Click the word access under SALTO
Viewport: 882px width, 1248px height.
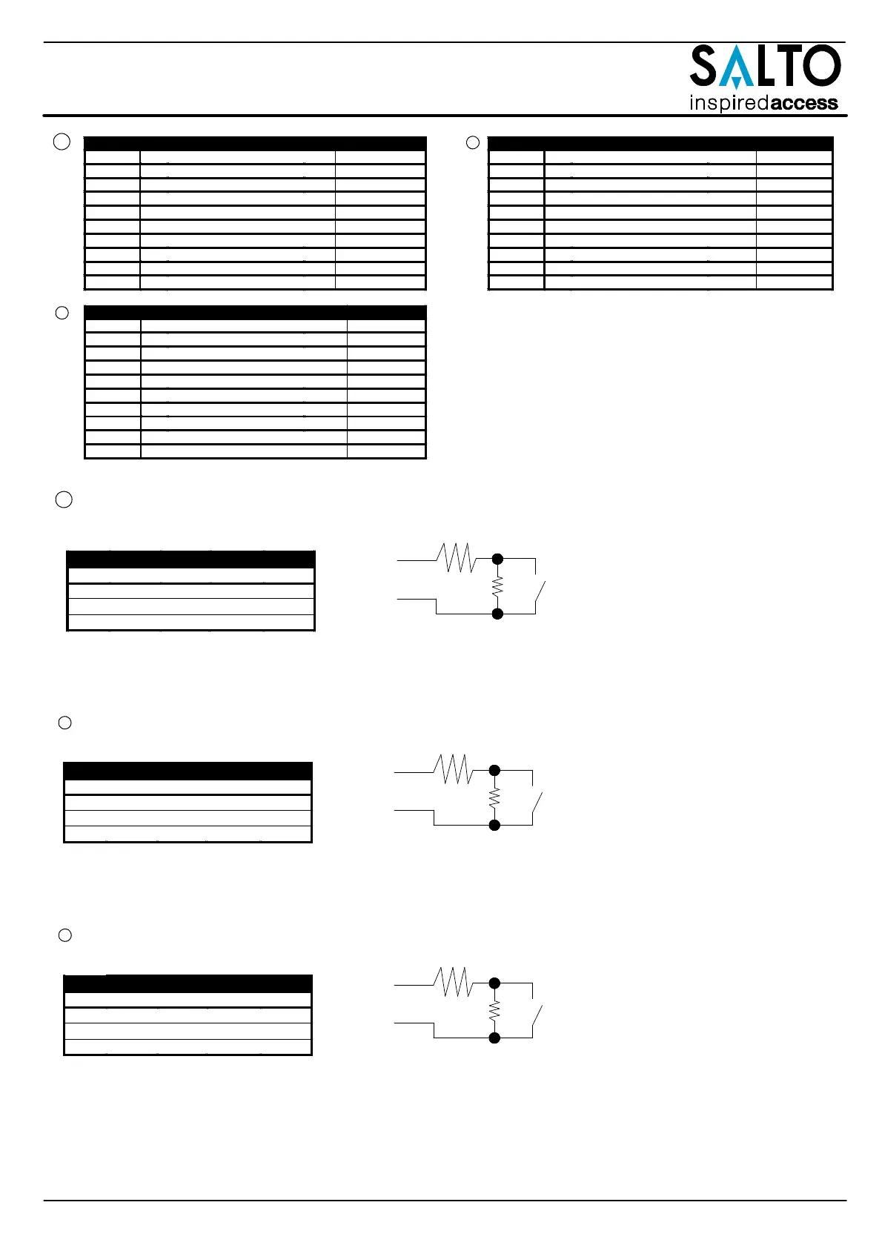(804, 103)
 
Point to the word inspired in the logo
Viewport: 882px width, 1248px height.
(729, 103)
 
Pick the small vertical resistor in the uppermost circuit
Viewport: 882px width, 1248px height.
(498, 586)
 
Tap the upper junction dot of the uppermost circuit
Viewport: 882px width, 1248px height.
(498, 559)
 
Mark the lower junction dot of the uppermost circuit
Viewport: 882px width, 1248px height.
(498, 614)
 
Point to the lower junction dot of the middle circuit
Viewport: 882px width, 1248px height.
(495, 825)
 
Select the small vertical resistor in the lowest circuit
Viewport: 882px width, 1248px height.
(495, 1011)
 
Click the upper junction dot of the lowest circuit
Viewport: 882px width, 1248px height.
(495, 983)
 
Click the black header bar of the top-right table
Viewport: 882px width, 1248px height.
(660, 144)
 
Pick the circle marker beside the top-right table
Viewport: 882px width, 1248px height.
(473, 142)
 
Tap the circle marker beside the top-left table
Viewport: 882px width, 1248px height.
(63, 142)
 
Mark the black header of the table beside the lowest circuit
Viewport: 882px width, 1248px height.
(188, 984)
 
